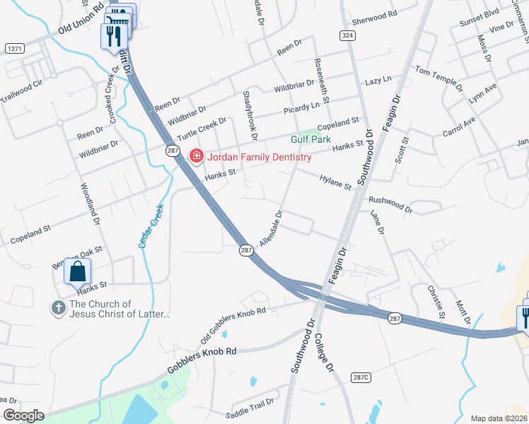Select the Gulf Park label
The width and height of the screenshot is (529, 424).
click(307, 140)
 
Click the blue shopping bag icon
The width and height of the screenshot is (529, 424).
click(79, 271)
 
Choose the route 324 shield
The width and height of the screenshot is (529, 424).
click(347, 35)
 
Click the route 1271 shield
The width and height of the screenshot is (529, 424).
click(14, 48)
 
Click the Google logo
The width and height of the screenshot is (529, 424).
click(23, 415)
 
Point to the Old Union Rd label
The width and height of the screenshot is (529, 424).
click(82, 28)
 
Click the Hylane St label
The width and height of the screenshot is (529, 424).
click(335, 183)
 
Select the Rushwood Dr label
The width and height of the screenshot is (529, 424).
click(390, 204)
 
